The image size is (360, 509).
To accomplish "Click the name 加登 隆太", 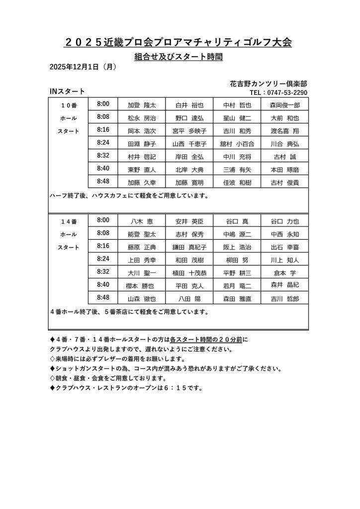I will tap(142, 105).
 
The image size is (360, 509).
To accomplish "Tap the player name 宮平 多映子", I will tap(189, 131).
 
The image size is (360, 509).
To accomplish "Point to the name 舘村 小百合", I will tap(237, 144).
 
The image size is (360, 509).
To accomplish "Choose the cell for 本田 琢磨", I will tap(285, 170).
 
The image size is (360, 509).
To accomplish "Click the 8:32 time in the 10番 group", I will tap(103, 156).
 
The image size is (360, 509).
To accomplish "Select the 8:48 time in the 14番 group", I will tap(103, 297).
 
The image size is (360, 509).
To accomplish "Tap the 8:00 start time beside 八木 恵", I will tap(103, 220).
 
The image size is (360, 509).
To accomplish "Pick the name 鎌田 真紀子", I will tap(189, 247).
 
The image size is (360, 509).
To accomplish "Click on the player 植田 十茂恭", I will tap(189, 273).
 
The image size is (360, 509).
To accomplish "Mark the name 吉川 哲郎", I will tap(285, 299).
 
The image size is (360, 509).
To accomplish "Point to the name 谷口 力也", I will tap(285, 221).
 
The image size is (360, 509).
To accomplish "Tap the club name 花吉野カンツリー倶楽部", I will tap(269, 84).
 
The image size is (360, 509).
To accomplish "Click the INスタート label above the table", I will tap(67, 91).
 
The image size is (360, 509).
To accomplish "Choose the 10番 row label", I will tap(69, 105).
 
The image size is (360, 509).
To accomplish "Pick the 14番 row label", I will tap(69, 221).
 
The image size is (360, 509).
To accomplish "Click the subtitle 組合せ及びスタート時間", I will tap(179, 57).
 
